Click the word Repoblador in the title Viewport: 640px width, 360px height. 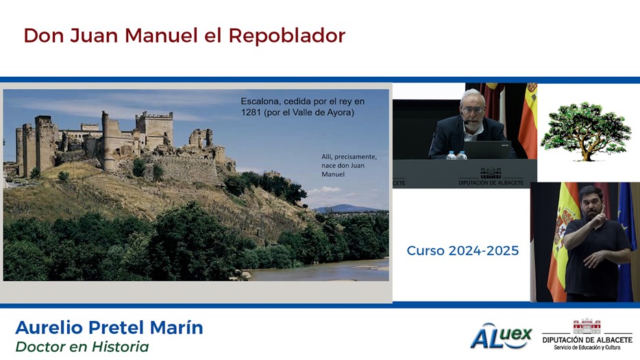point(287,36)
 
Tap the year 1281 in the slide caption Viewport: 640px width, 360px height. point(251,112)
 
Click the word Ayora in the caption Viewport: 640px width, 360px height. point(341,112)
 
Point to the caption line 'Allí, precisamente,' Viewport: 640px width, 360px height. point(349,157)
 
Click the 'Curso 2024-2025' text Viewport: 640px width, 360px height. point(463,250)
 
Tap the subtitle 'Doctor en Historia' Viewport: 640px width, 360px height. point(82,346)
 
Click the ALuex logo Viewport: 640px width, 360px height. point(501,336)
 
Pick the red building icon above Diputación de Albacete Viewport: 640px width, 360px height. point(587,326)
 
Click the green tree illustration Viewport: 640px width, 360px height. point(586,131)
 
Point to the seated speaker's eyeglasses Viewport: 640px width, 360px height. point(472,110)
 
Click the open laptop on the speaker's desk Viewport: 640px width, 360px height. point(487,149)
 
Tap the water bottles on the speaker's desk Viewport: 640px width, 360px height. point(456,155)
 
